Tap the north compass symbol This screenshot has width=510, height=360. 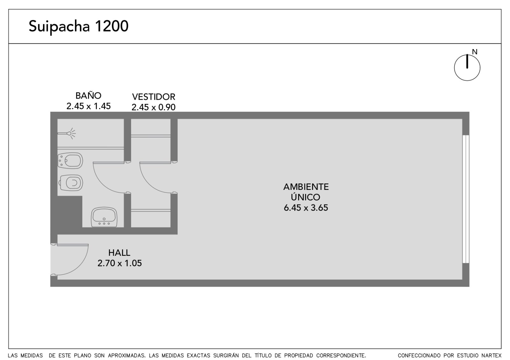tap(467, 68)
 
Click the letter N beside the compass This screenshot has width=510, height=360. tap(475, 52)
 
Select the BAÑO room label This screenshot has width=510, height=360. tap(88, 96)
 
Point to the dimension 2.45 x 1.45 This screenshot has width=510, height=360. tap(88, 106)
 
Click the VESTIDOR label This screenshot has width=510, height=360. tap(153, 97)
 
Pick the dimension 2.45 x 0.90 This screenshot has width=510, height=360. tap(153, 107)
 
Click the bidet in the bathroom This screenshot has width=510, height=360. tap(70, 161)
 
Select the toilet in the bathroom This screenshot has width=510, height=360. tap(71, 183)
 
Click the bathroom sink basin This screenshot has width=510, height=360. tap(104, 217)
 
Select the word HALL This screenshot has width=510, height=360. tap(119, 253)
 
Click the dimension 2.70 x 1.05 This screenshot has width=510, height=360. tap(120, 263)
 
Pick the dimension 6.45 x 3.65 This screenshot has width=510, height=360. tap(306, 207)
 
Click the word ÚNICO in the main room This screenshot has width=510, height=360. tap(305, 197)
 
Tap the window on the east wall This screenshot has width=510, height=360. tap(466, 199)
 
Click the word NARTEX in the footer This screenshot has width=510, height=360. tap(493, 355)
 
